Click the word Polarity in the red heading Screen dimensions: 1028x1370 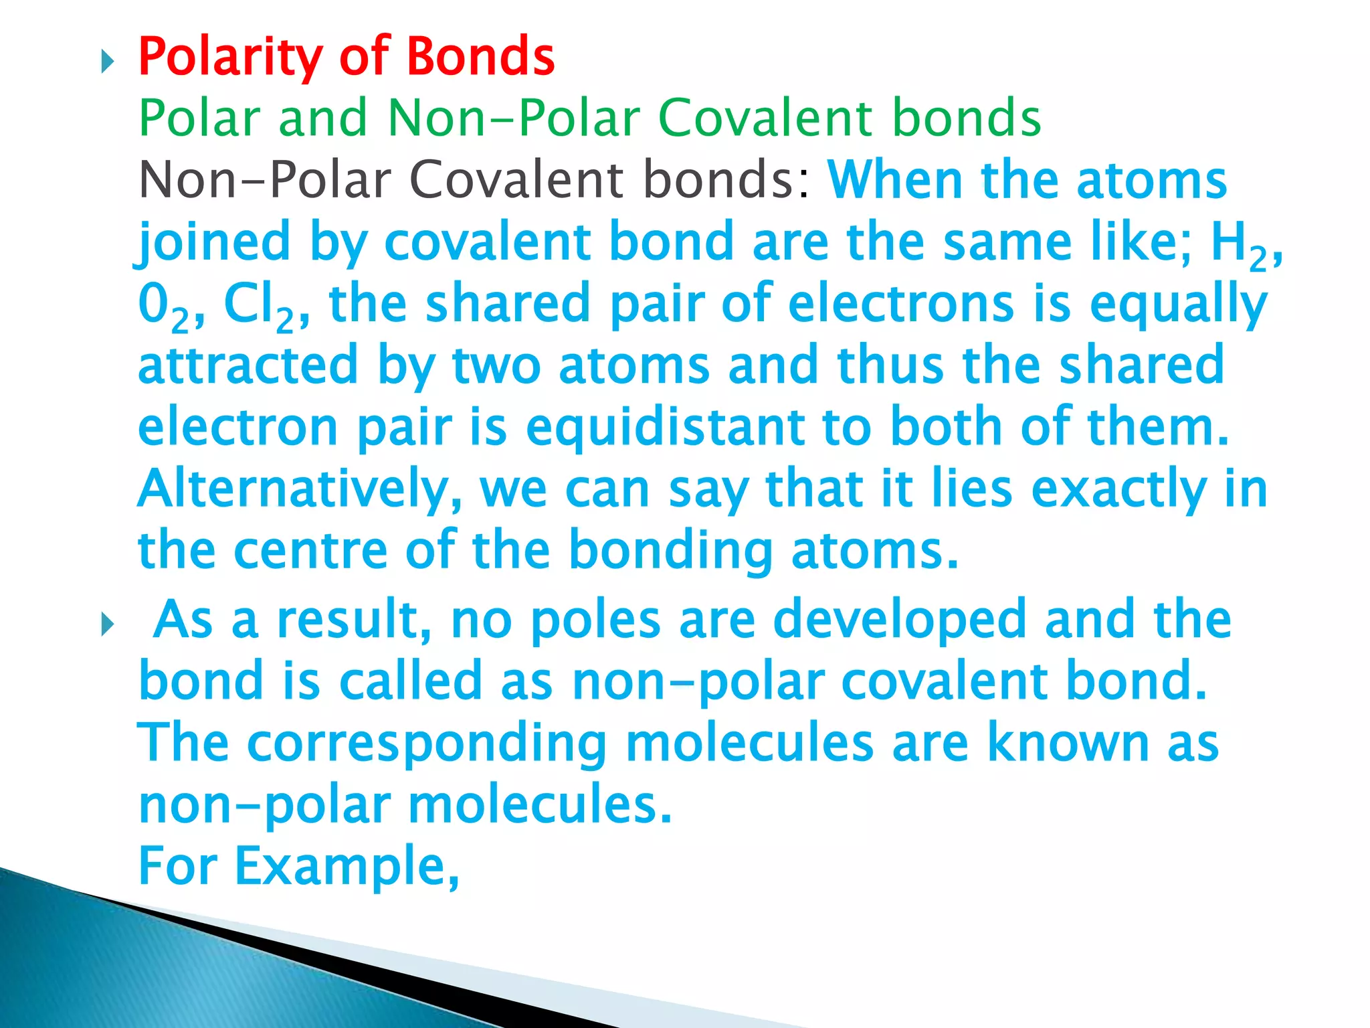coord(230,57)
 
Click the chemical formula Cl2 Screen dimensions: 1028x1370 coord(258,305)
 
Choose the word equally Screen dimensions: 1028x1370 coord(1178,305)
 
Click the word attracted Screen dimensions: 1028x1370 coord(248,365)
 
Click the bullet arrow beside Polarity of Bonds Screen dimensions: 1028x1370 coord(107,64)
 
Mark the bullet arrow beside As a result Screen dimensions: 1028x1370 coord(107,626)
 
